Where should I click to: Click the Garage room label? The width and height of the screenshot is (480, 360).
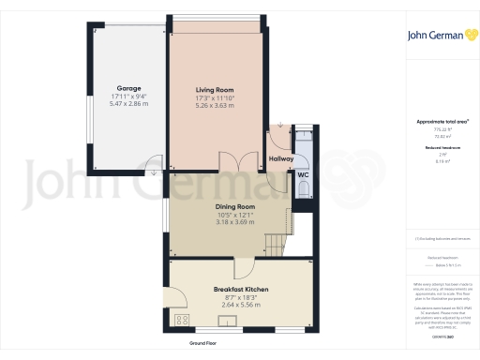(x=129, y=89)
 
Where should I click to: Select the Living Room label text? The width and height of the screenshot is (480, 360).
(x=214, y=89)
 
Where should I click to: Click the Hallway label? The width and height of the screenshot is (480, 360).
(x=281, y=159)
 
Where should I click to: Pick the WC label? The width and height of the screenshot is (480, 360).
(x=303, y=175)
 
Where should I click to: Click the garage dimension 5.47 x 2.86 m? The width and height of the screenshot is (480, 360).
(x=129, y=104)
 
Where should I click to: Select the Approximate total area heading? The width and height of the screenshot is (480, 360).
(x=442, y=122)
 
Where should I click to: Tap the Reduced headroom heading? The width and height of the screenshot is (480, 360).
(x=442, y=148)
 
